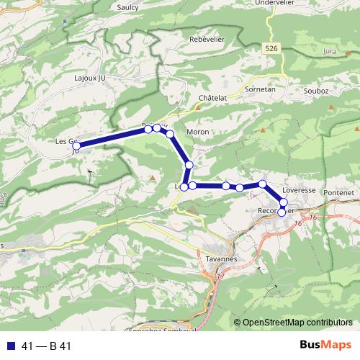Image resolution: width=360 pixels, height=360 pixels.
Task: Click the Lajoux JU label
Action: [90, 76]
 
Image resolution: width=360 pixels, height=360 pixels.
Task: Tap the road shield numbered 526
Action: [271, 48]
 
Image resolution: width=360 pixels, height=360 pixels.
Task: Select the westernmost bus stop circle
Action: [76, 146]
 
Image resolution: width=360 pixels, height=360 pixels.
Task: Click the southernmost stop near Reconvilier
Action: [282, 212]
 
